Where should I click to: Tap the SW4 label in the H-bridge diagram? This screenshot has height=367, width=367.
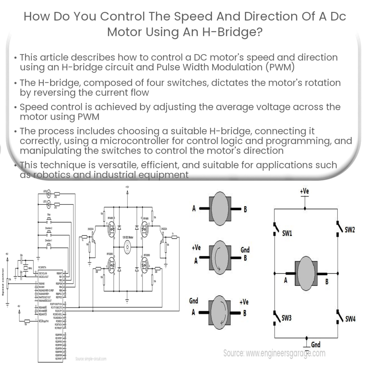[350, 319]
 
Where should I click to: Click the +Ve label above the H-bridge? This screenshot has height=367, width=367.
[305, 191]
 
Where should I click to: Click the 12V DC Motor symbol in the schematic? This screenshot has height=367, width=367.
[127, 247]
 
